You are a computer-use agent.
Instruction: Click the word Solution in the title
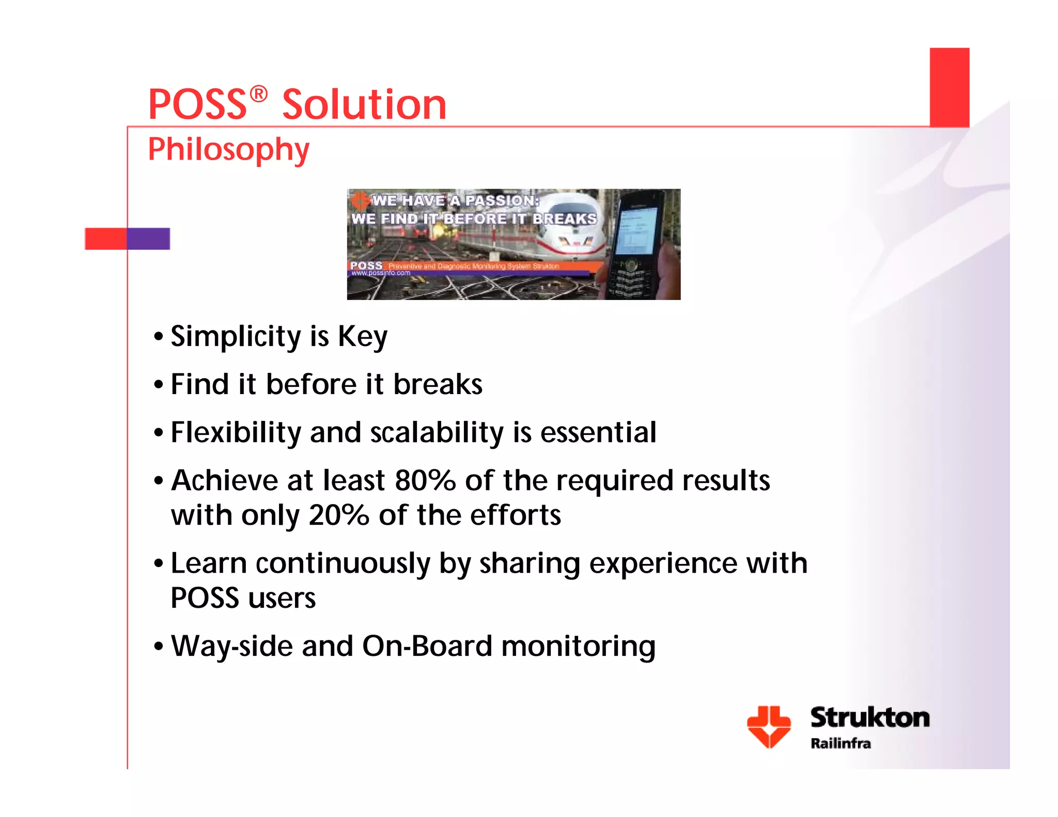(x=364, y=105)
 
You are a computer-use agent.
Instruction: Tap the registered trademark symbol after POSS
(x=258, y=94)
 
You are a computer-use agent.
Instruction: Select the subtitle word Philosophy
(x=228, y=150)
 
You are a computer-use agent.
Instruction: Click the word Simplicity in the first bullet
(x=236, y=337)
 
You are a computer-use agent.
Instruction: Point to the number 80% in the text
(x=425, y=481)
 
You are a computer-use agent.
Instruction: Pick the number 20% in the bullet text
(x=338, y=515)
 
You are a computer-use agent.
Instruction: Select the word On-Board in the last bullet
(x=427, y=646)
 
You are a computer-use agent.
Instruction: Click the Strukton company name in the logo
(x=869, y=718)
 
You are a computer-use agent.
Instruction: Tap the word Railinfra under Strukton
(x=841, y=744)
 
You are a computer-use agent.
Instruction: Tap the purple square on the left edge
(x=148, y=239)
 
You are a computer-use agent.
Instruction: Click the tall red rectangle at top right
(x=950, y=87)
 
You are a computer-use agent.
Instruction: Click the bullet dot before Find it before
(x=159, y=385)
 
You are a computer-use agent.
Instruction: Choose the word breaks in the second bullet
(x=438, y=385)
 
